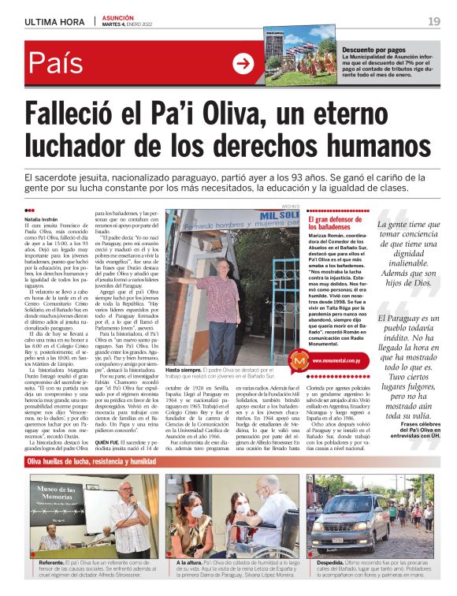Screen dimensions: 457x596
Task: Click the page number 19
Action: point(433,21)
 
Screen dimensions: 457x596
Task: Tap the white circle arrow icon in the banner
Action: point(243,64)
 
